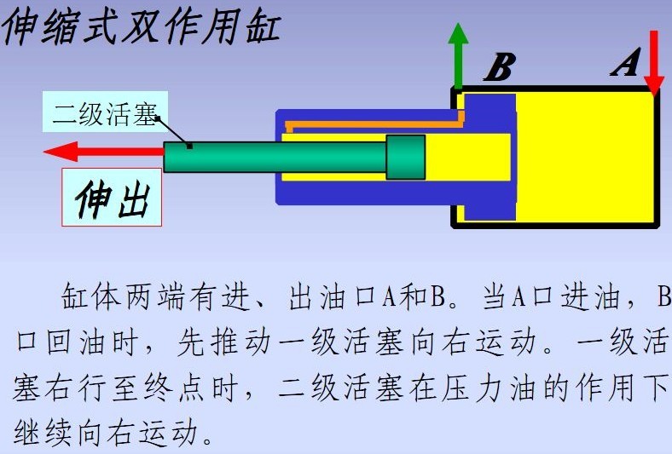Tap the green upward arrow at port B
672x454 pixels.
click(458, 55)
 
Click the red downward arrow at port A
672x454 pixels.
click(654, 63)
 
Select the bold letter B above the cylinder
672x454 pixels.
click(500, 66)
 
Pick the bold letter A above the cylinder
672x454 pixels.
click(626, 62)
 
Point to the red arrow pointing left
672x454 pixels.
click(104, 152)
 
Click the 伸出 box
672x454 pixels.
click(112, 198)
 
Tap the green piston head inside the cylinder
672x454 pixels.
click(405, 157)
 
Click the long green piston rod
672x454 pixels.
click(275, 157)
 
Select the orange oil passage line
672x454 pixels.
click(375, 123)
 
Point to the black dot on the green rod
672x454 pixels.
click(189, 147)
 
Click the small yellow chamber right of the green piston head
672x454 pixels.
click(468, 157)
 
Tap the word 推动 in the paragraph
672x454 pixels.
click(241, 342)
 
